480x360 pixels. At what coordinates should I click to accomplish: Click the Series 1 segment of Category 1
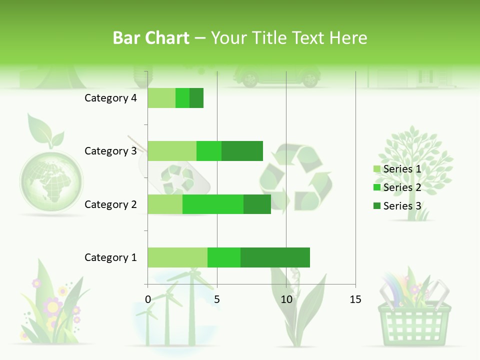point(177,257)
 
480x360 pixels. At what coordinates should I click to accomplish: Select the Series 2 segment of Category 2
point(213,204)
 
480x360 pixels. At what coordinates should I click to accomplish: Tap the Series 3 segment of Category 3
point(242,151)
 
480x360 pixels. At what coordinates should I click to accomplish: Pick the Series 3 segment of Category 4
point(196,98)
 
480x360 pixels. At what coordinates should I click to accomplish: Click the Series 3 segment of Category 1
point(275,257)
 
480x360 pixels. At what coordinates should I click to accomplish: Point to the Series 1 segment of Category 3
point(172,151)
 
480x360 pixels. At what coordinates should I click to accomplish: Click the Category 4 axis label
point(110,98)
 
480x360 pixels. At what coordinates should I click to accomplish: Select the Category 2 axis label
point(110,204)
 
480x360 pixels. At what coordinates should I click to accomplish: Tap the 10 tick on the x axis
point(286,299)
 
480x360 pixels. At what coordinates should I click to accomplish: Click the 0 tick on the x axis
point(147,299)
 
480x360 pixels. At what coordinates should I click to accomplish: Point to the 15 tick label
point(355,299)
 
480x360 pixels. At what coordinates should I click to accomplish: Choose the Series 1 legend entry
point(397,169)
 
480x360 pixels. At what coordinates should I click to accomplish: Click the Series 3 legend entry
point(397,206)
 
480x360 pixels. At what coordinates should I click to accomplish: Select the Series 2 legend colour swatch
point(377,188)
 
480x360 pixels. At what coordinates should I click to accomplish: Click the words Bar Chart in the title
point(151,38)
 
